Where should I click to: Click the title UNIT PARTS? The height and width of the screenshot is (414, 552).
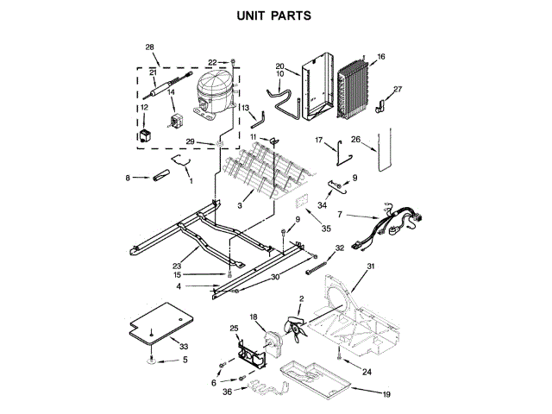point(274,16)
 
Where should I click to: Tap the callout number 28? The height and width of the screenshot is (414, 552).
point(150,47)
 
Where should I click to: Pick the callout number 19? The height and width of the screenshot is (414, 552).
point(386,394)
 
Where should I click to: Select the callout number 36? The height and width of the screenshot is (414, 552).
point(228,393)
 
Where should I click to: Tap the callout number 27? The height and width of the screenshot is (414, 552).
point(398,90)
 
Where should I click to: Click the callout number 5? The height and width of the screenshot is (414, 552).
point(184,359)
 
